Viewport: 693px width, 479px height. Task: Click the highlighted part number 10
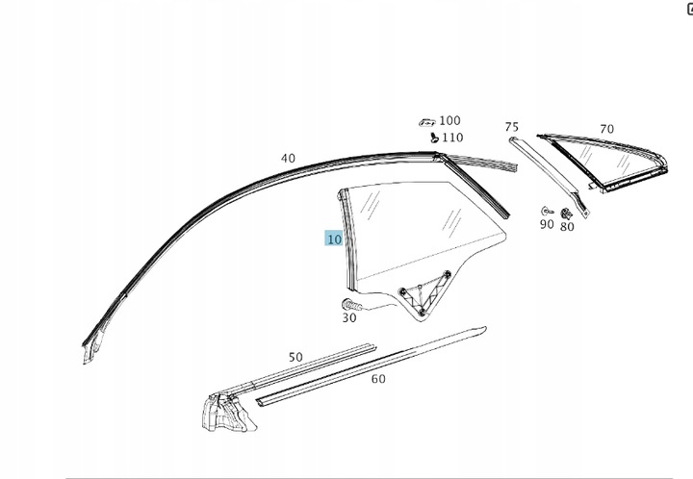333,239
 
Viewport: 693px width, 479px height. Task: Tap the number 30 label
349,318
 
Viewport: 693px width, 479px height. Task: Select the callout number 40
288,158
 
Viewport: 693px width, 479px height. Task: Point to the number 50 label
295,357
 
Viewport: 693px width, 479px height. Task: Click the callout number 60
378,379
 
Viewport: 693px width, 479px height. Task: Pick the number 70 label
606,129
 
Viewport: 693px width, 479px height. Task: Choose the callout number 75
511,127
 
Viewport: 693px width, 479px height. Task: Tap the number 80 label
567,227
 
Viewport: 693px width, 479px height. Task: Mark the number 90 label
546,224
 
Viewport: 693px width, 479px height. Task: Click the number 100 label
449,121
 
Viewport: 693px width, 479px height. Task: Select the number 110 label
451,138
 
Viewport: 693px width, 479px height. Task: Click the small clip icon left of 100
426,122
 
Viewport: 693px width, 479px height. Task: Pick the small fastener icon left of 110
434,138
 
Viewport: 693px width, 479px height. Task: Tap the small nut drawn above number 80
566,213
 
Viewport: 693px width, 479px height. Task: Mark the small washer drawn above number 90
546,210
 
